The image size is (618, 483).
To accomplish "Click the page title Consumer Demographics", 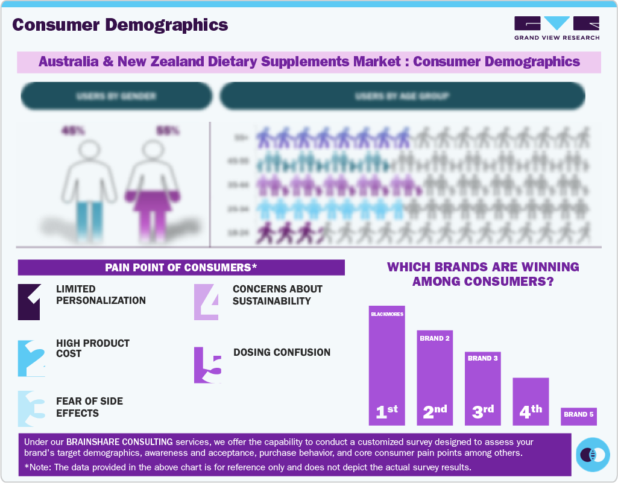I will tap(120, 25).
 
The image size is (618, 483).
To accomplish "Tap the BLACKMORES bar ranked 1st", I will tap(386, 365).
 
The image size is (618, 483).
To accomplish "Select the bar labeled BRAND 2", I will tap(435, 377).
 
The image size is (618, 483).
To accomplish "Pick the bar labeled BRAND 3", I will tap(483, 388).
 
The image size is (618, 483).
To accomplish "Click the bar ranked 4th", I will tap(531, 401).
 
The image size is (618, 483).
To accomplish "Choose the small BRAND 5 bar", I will tap(579, 415).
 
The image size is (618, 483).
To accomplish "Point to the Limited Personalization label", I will tap(101, 295).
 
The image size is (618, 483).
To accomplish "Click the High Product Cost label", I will tap(92, 348).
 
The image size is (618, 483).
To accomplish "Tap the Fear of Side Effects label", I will tap(89, 407).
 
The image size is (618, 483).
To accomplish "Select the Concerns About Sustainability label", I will tap(277, 295).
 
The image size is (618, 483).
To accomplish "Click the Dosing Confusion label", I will tap(282, 352).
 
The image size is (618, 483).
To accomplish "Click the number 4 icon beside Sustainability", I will tap(206, 301).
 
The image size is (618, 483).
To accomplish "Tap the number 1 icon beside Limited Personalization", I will tap(30, 301).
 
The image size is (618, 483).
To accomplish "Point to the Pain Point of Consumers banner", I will tap(181, 267).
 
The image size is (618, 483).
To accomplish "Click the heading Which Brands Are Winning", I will tap(482, 274).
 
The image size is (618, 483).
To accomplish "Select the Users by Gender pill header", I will tap(116, 96).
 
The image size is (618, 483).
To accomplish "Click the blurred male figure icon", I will tap(90, 187).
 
